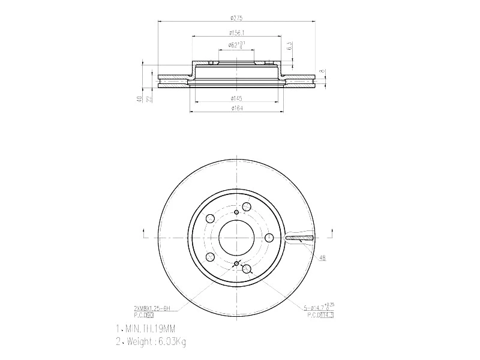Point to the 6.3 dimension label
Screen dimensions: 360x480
[x=290, y=46]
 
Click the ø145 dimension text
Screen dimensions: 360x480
[x=236, y=98]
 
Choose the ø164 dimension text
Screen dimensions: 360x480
[x=236, y=108]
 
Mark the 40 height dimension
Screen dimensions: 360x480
[x=139, y=98]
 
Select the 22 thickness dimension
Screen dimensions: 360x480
[x=148, y=98]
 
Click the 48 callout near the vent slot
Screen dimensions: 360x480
[x=322, y=258]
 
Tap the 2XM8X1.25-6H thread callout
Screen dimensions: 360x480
[x=152, y=308]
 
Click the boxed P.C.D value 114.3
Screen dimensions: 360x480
[x=326, y=314]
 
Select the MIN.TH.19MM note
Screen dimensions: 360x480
[x=147, y=329]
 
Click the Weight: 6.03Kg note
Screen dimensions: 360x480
[x=151, y=342]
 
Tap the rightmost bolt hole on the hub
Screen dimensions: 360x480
[x=271, y=238]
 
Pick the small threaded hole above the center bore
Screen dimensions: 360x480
[x=236, y=211]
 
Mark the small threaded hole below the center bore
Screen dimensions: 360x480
[x=236, y=264]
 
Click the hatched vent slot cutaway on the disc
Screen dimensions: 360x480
[x=300, y=238]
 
